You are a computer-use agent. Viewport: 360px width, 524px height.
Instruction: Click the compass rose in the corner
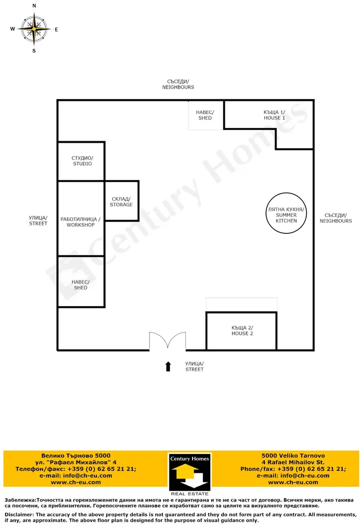coord(34,29)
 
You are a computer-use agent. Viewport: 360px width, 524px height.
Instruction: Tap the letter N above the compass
coord(34,6)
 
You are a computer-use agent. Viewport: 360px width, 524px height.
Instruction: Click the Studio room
coord(81,161)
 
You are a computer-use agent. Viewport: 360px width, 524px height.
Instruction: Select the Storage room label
coord(121,202)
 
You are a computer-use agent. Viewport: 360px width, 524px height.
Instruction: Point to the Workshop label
coord(80,222)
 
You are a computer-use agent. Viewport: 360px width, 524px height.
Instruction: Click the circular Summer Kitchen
coord(286,213)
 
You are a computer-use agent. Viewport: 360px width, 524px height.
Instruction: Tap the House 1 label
coord(274,115)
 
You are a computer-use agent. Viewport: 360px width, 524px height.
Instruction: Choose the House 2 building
coord(241,331)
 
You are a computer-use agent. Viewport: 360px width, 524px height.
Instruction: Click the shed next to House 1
coord(206,115)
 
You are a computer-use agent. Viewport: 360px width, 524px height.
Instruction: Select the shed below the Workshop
coord(81,282)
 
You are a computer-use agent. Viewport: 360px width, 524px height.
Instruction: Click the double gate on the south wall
coord(167,341)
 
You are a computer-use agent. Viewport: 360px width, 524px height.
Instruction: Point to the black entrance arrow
coord(168,366)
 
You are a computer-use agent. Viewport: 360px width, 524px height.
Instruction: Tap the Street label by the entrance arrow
coord(195,366)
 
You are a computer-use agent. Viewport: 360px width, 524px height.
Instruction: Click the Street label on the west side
coord(38,221)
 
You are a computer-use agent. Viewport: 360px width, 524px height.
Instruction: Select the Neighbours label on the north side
coord(178,84)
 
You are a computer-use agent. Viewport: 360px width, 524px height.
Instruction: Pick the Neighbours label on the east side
coord(335,218)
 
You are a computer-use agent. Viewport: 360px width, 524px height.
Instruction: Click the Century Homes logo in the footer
coord(189,474)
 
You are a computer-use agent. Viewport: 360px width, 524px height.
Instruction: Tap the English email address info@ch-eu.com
coord(293,475)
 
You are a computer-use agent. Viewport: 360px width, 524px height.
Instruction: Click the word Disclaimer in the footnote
coord(19,515)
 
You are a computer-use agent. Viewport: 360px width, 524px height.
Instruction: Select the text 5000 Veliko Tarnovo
coord(293,455)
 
